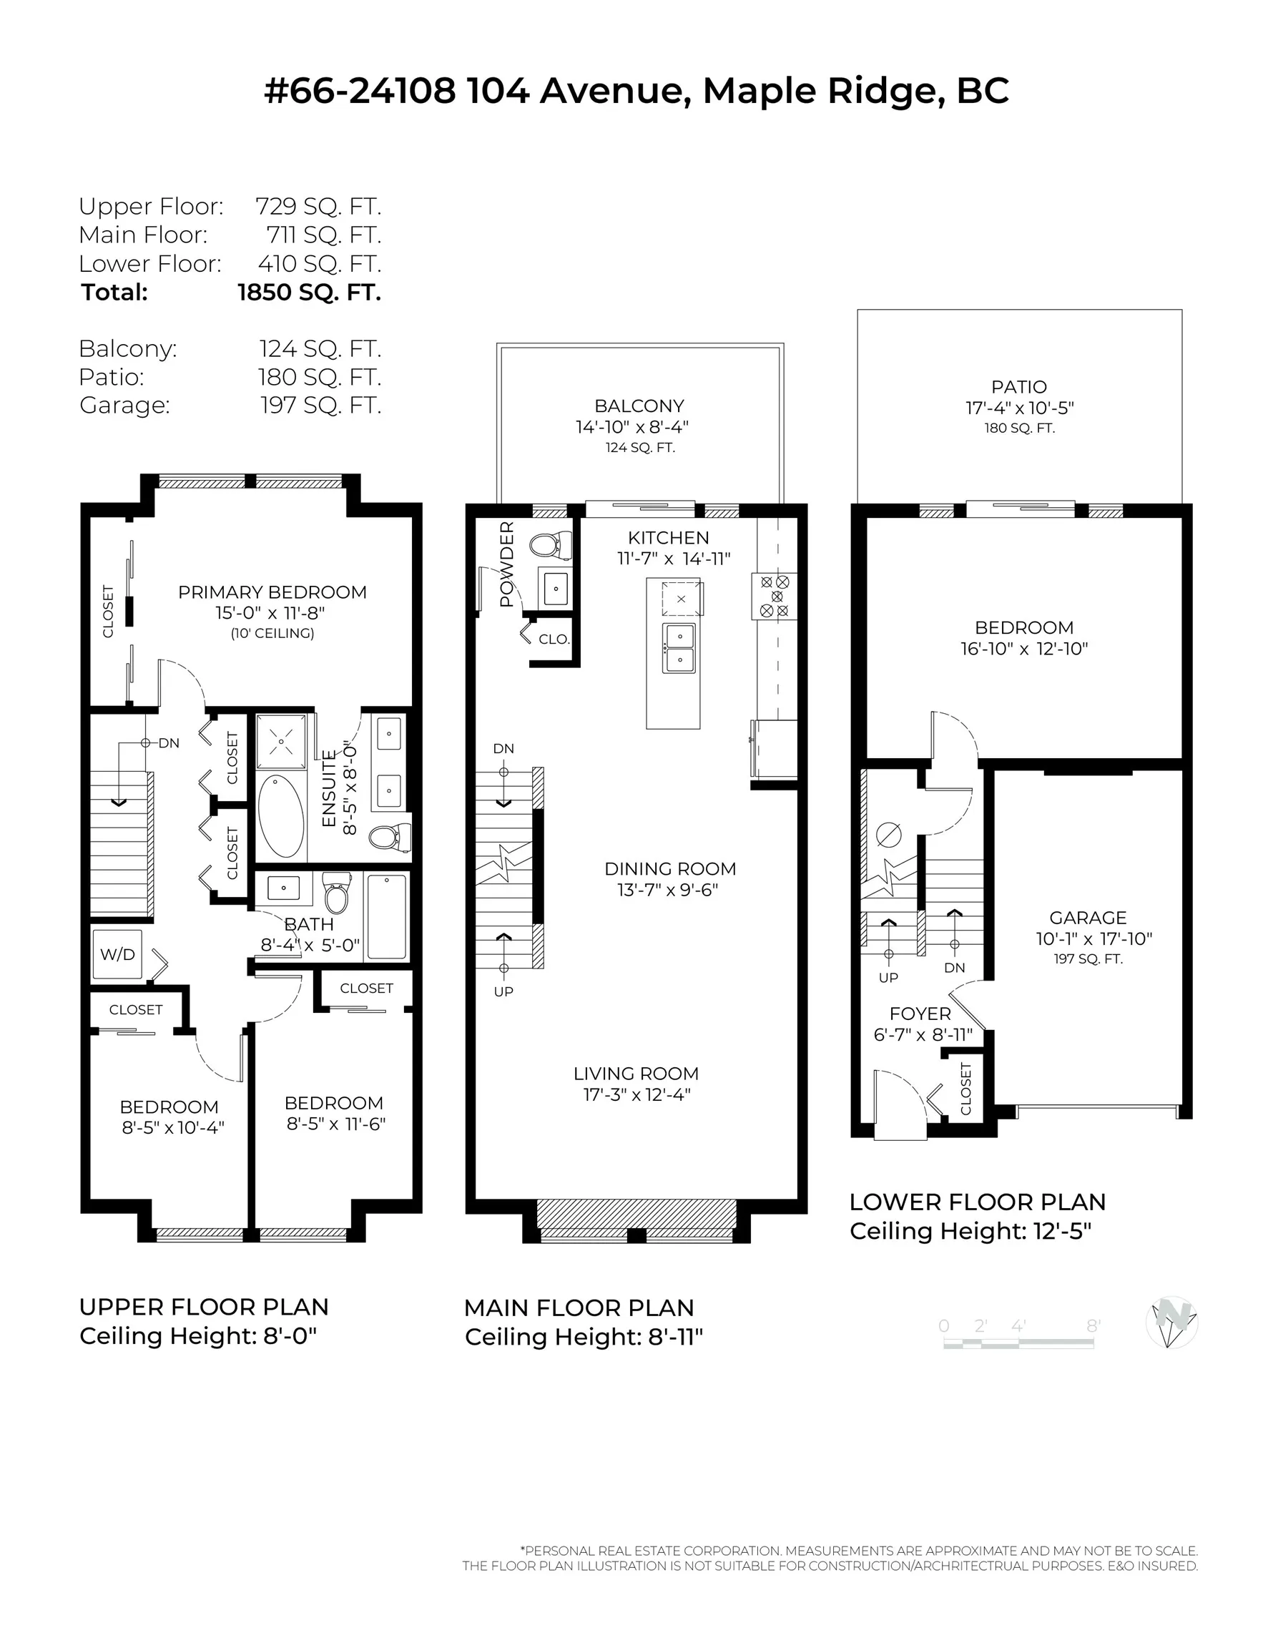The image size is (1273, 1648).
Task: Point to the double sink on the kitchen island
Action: pos(679,647)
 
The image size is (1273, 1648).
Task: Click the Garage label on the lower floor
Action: pos(1087,918)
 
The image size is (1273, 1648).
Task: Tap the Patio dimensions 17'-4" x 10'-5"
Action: pos(1018,408)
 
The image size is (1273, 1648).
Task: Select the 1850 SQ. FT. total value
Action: pos(310,293)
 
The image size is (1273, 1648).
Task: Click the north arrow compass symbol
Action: pos(1171,1322)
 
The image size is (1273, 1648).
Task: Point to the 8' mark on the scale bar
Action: pos(1093,1326)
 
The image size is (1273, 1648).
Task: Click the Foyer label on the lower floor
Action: pos(919,1014)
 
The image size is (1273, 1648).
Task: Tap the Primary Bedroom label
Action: pos(272,592)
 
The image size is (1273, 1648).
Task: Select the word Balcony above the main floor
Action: pos(639,406)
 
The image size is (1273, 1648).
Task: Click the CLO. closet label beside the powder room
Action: pos(554,639)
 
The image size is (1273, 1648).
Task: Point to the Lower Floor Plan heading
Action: pos(977,1202)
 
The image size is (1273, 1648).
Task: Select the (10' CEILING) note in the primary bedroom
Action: pos(272,633)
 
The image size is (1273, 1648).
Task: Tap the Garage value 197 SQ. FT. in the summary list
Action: pos(320,406)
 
